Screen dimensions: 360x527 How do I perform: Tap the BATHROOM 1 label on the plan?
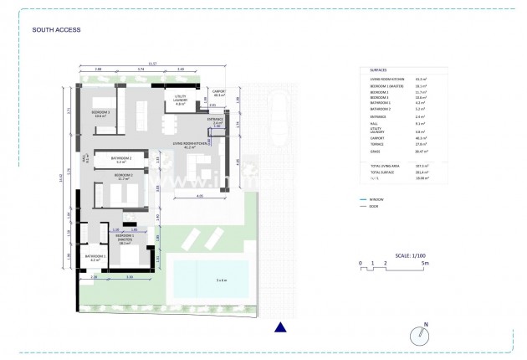92,257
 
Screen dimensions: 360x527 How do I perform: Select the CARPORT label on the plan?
220,93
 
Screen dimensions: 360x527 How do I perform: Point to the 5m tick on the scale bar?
427,262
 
